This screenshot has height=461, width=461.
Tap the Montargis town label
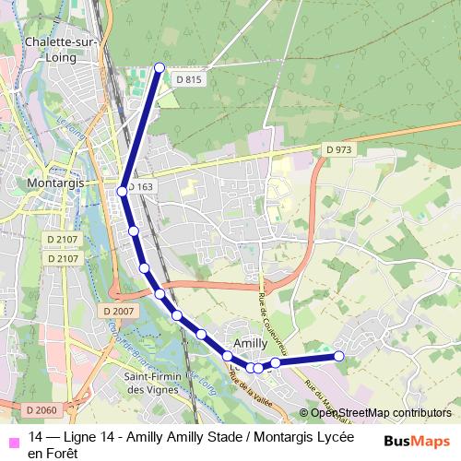57,183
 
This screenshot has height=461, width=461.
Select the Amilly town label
251,342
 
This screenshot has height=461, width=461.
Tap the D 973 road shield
338,150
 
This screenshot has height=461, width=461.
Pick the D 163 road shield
139,187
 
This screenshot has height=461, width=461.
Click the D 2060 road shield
41,409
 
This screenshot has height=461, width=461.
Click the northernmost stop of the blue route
160,67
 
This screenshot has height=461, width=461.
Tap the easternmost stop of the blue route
338,356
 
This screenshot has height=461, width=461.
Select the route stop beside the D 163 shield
123,192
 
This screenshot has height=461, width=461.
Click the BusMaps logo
417,441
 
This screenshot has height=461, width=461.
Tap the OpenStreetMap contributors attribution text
380,413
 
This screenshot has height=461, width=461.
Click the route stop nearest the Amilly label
227,356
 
